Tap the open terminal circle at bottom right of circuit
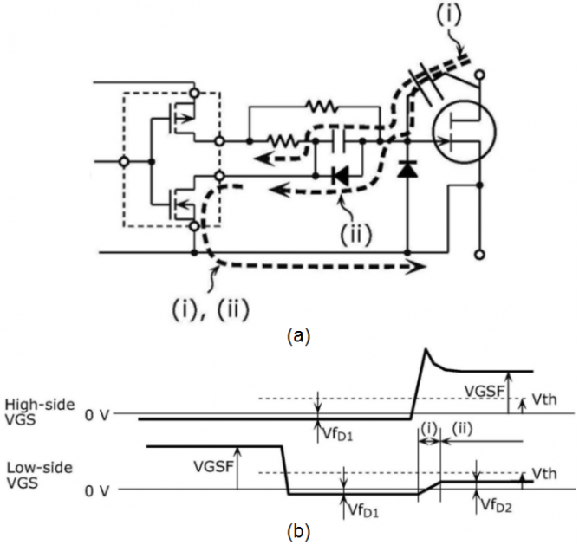tap(478, 254)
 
